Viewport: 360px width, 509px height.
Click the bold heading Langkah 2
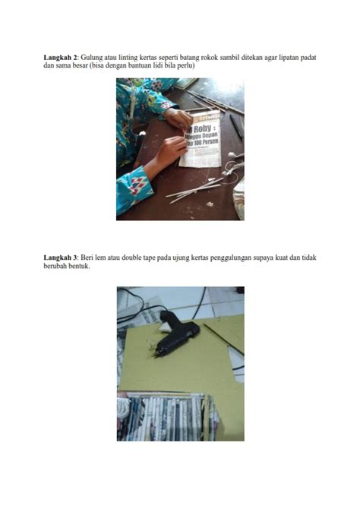pos(60,58)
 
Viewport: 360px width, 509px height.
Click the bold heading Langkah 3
pos(60,258)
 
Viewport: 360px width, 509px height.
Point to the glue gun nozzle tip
pos(155,356)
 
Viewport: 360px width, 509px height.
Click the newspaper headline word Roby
pos(202,128)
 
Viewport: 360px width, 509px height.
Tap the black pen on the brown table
pos(236,128)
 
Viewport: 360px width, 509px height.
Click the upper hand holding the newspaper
pos(178,119)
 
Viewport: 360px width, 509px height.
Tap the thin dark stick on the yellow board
pos(223,339)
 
